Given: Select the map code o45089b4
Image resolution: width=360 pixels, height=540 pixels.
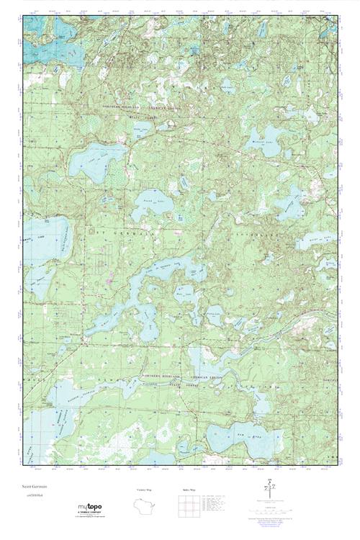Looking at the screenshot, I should click(x=32, y=496).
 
